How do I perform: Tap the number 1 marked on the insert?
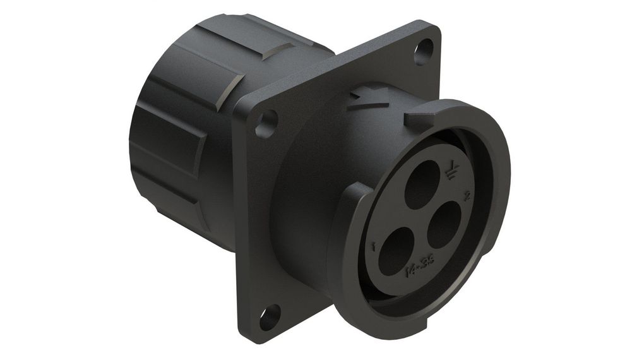click(x=375, y=246)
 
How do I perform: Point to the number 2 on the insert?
click(x=467, y=196)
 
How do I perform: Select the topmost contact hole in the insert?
click(x=422, y=184)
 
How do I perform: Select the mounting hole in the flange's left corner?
click(x=267, y=121)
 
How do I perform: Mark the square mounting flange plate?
click(x=253, y=208)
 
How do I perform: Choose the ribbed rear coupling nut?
click(x=183, y=126)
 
